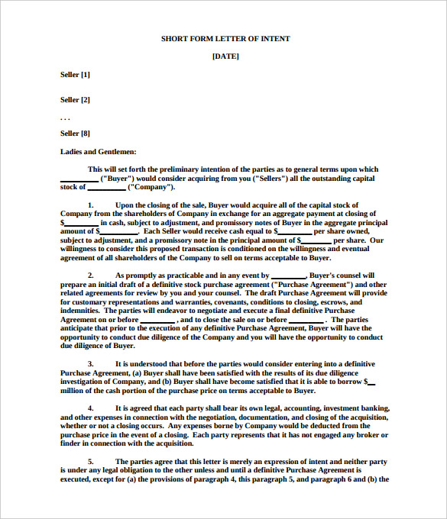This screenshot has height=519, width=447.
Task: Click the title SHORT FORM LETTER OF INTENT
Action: tap(225, 38)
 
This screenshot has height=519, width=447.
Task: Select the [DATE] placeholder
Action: tap(225, 56)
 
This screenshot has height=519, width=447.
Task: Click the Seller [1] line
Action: tap(75, 74)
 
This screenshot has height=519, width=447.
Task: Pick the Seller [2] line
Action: tap(75, 99)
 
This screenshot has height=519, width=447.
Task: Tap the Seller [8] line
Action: tap(75, 133)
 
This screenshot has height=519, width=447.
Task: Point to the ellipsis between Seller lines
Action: tap(65, 117)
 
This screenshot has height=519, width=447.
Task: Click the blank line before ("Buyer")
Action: tap(79, 179)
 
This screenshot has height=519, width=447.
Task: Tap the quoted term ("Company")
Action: tap(151, 187)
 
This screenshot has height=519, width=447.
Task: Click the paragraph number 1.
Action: tap(90, 205)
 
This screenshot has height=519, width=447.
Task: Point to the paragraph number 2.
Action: tap(90, 275)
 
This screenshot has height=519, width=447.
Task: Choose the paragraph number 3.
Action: tap(90, 364)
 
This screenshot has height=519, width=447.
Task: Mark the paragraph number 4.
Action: tap(90, 408)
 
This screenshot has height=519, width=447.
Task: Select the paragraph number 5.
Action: tap(90, 462)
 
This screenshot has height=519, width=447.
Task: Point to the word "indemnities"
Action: tap(81, 311)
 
